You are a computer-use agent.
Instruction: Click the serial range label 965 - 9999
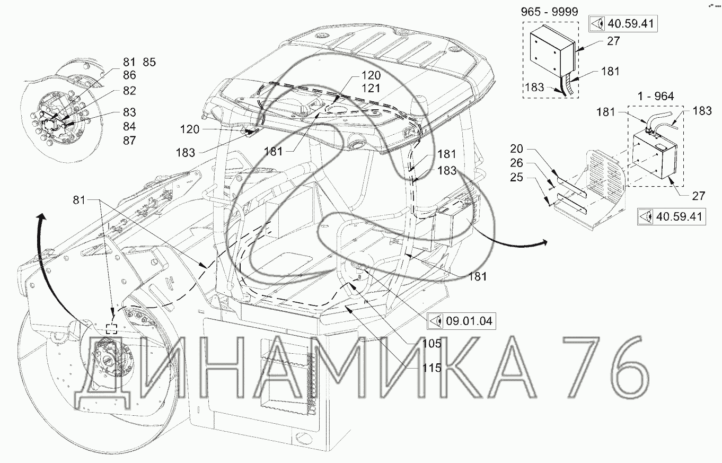click(x=550, y=12)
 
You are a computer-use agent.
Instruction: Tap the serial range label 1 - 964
click(x=656, y=96)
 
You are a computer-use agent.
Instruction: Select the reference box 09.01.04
click(x=461, y=321)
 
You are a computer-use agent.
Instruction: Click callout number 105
click(x=432, y=344)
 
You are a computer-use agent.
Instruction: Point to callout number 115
click(x=432, y=368)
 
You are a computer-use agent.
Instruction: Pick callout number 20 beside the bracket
click(x=516, y=149)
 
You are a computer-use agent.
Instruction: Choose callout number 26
click(x=516, y=163)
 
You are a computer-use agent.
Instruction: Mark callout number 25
click(x=516, y=177)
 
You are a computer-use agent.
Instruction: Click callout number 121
click(x=371, y=89)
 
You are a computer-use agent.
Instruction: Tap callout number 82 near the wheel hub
click(x=129, y=91)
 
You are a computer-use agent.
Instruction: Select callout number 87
click(x=129, y=141)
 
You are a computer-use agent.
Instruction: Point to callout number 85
click(x=149, y=62)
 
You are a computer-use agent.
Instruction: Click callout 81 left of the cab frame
click(x=79, y=200)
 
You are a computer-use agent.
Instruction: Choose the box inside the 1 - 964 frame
click(x=655, y=156)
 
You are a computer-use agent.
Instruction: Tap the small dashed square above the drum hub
click(x=111, y=329)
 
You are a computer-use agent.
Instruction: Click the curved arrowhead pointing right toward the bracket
click(x=543, y=242)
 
